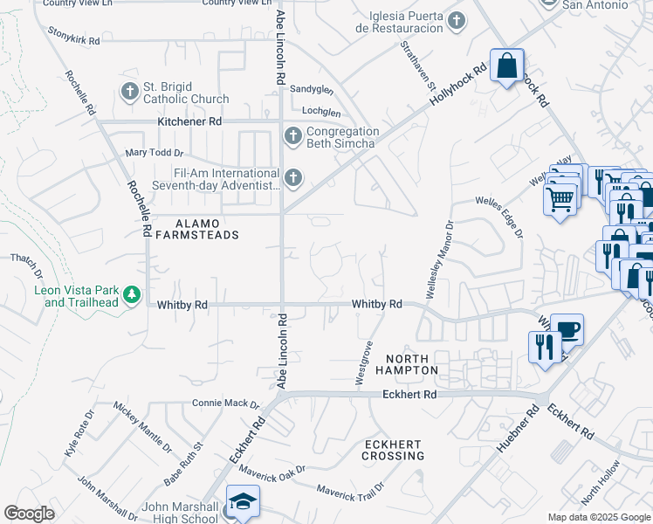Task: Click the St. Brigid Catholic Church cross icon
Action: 129,91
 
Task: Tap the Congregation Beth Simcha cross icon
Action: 292,136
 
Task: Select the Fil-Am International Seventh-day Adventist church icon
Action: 292,179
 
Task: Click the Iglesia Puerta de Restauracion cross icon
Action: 455,20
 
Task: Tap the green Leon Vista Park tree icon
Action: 132,295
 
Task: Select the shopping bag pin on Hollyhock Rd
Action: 506,65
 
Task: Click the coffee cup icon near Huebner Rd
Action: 567,329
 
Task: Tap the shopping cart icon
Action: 560,197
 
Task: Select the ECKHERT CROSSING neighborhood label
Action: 394,450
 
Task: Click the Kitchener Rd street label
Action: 189,121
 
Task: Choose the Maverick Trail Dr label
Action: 349,493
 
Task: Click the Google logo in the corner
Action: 29,514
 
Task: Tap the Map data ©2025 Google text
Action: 598,517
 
